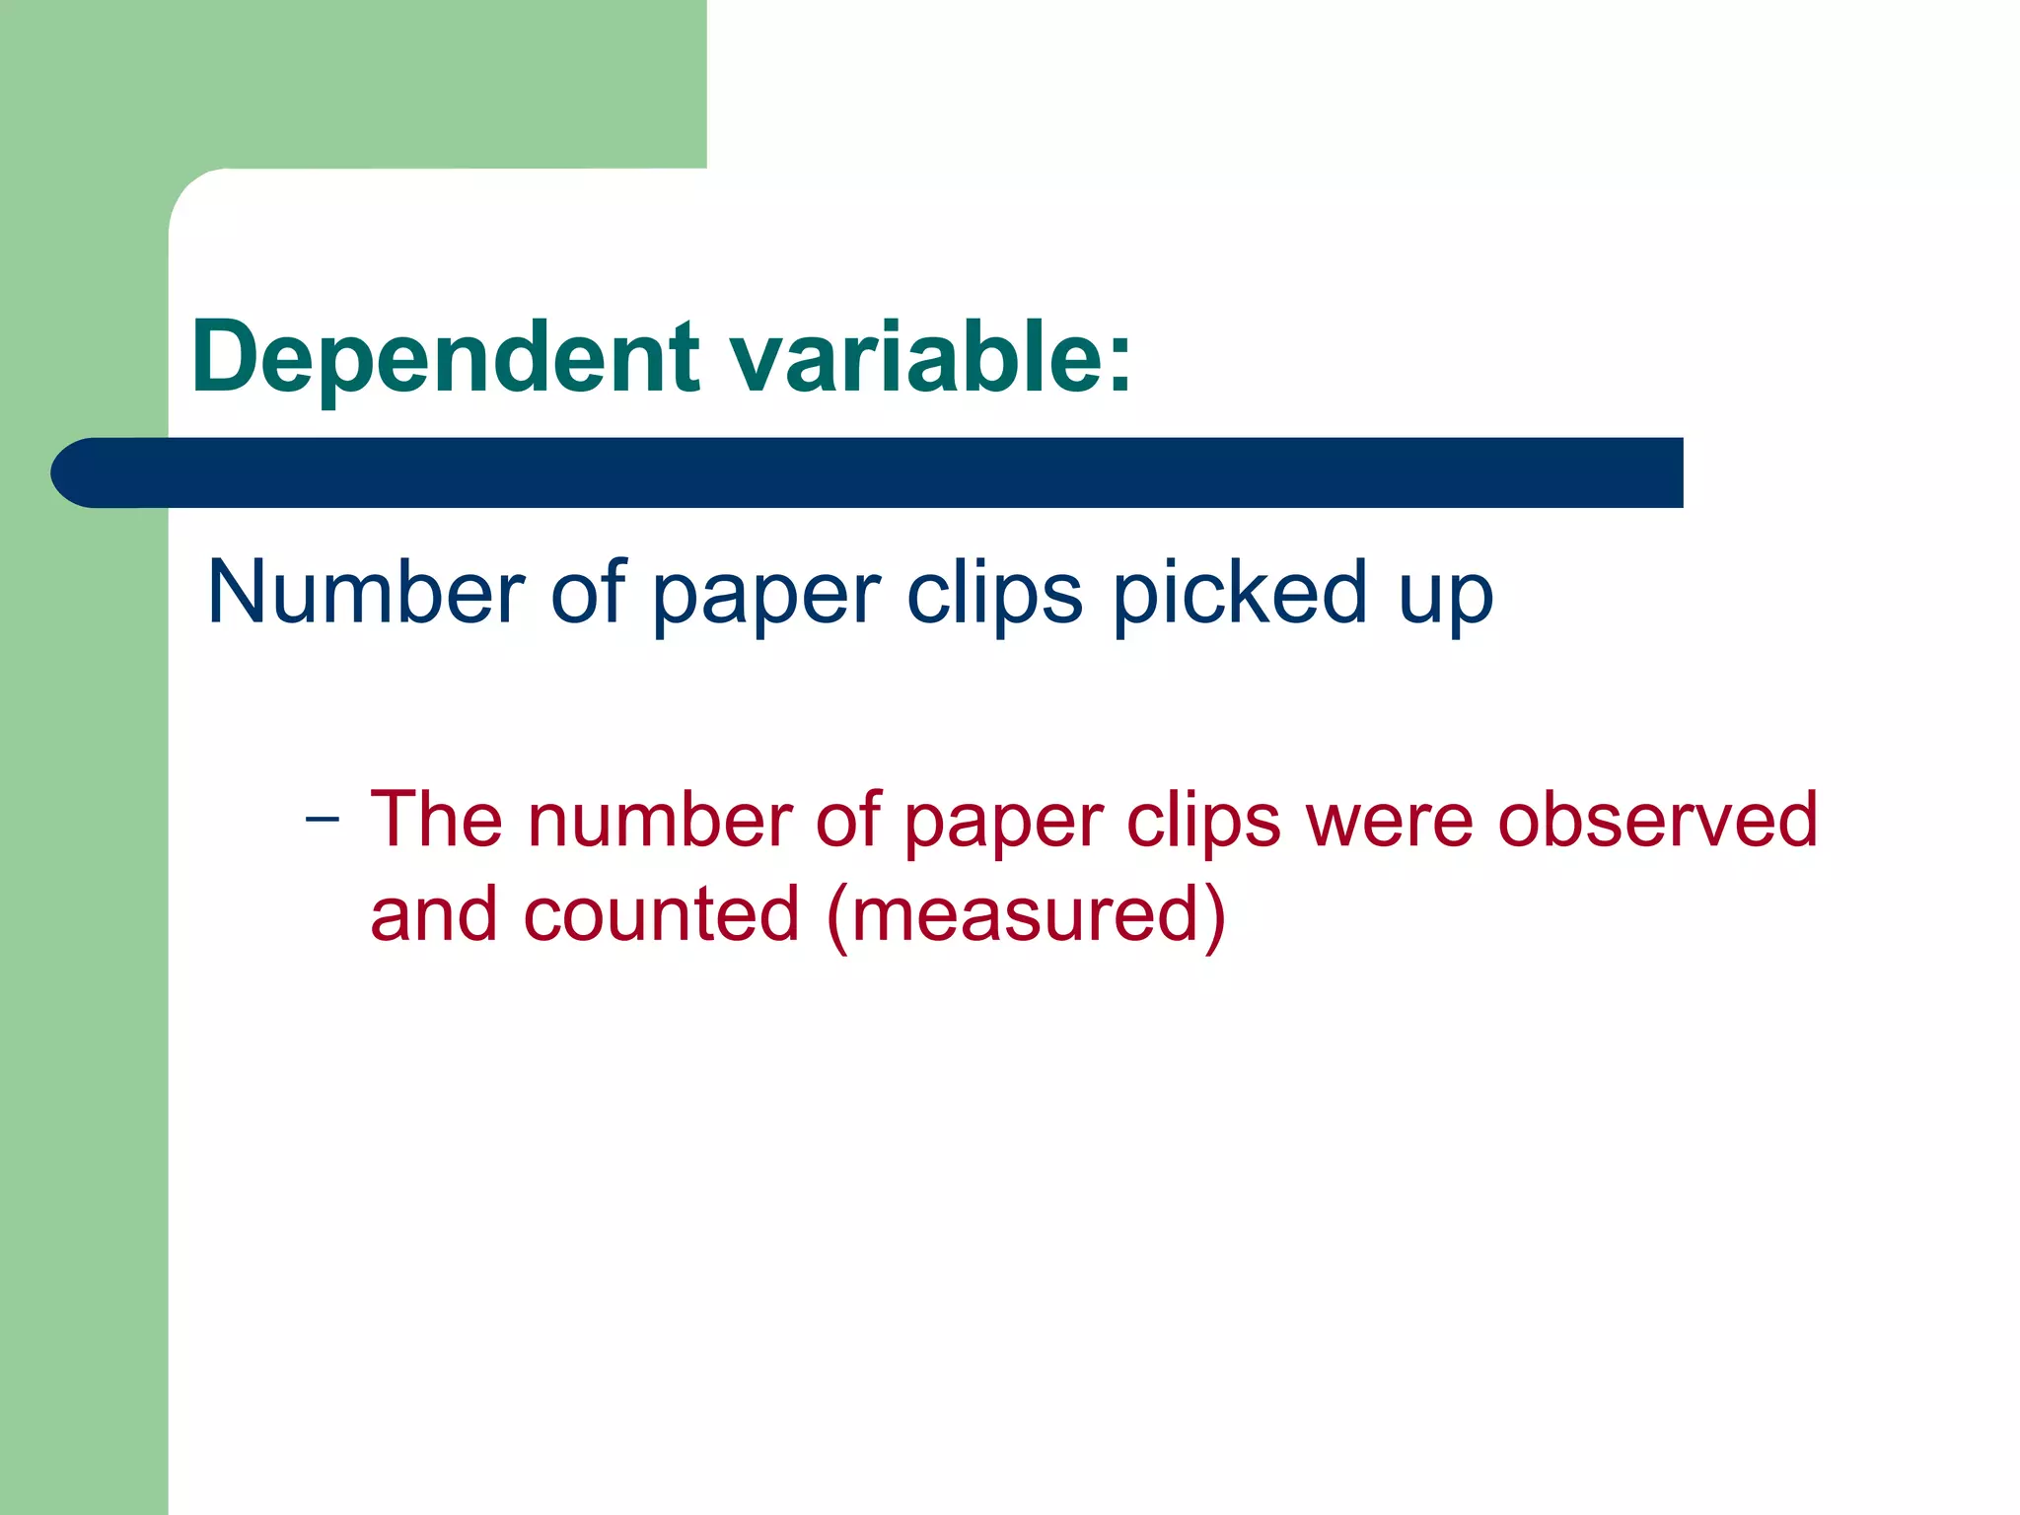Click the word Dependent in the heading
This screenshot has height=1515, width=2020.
[x=446, y=357]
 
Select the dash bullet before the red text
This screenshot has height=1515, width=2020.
[x=323, y=819]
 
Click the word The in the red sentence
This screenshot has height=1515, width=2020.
[x=435, y=819]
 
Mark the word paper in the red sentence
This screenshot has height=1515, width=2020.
[x=1003, y=825]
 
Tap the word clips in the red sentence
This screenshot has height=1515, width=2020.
[x=1203, y=821]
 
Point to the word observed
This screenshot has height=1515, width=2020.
[x=1657, y=819]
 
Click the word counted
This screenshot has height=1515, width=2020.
[x=661, y=913]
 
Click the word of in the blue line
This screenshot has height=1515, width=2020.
[x=587, y=592]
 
